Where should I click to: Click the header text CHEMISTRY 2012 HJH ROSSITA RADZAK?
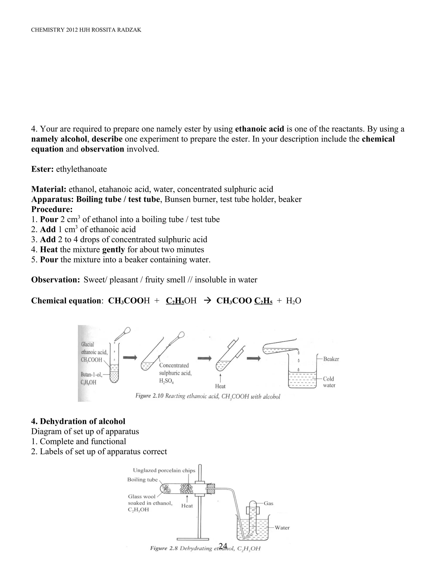point(86,30)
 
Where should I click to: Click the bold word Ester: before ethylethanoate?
point(42,169)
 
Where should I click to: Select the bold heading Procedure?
point(52,209)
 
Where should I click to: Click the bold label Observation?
point(56,280)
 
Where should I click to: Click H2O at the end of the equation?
point(294,301)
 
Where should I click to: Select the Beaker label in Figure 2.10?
point(331,359)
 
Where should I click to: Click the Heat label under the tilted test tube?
point(220,386)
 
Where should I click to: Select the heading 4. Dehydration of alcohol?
point(78,421)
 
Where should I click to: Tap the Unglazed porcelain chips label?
point(164,470)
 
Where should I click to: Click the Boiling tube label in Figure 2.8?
point(142,479)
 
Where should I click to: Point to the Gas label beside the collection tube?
point(269,503)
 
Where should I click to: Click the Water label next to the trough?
point(282,528)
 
